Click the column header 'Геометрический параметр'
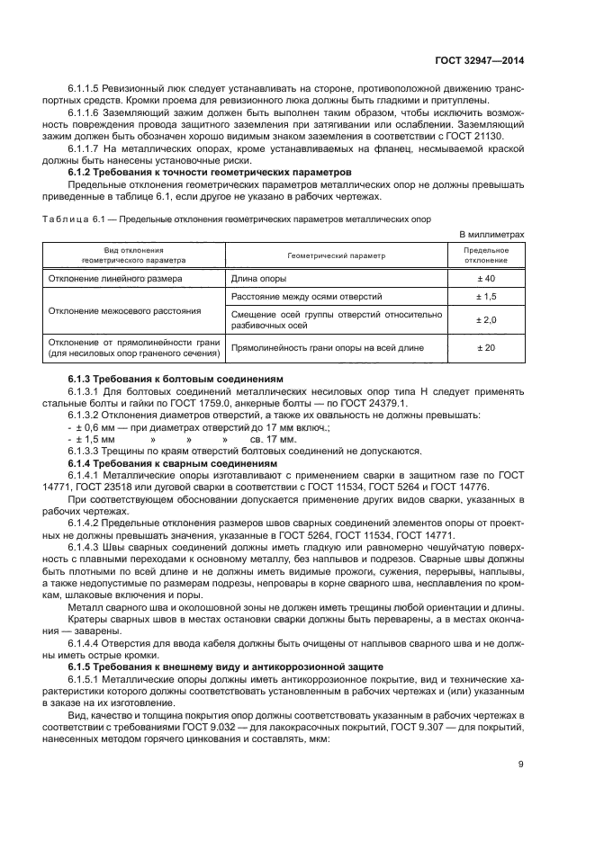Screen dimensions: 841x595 point(337,255)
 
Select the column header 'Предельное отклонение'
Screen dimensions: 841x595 point(486,255)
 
